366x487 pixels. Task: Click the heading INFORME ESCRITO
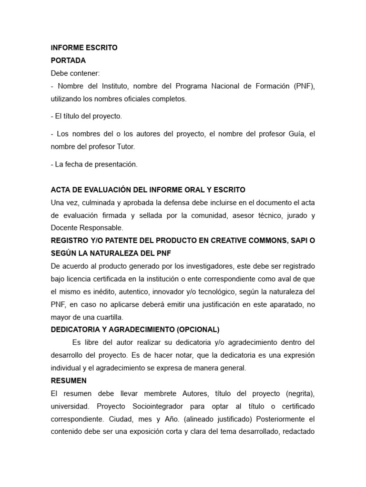[84, 48]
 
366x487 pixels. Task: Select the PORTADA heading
[68, 60]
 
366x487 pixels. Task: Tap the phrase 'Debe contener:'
[75, 73]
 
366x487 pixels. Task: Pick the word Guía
[293, 134]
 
